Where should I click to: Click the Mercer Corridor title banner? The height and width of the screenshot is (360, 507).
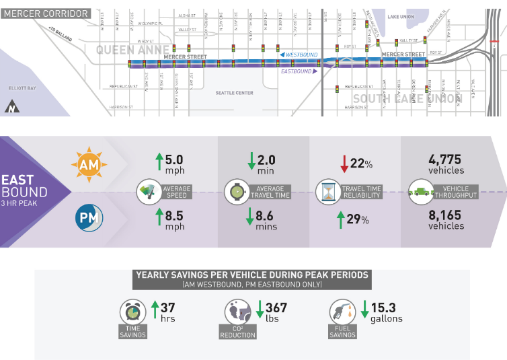pos(46,13)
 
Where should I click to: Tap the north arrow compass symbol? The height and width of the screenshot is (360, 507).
pos(11,106)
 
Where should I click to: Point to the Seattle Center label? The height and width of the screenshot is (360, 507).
pos(234,93)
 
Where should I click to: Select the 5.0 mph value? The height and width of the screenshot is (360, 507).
pos(169,165)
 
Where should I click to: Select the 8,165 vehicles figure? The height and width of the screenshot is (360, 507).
pos(446,220)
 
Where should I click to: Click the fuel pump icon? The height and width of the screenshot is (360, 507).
pos(340,312)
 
